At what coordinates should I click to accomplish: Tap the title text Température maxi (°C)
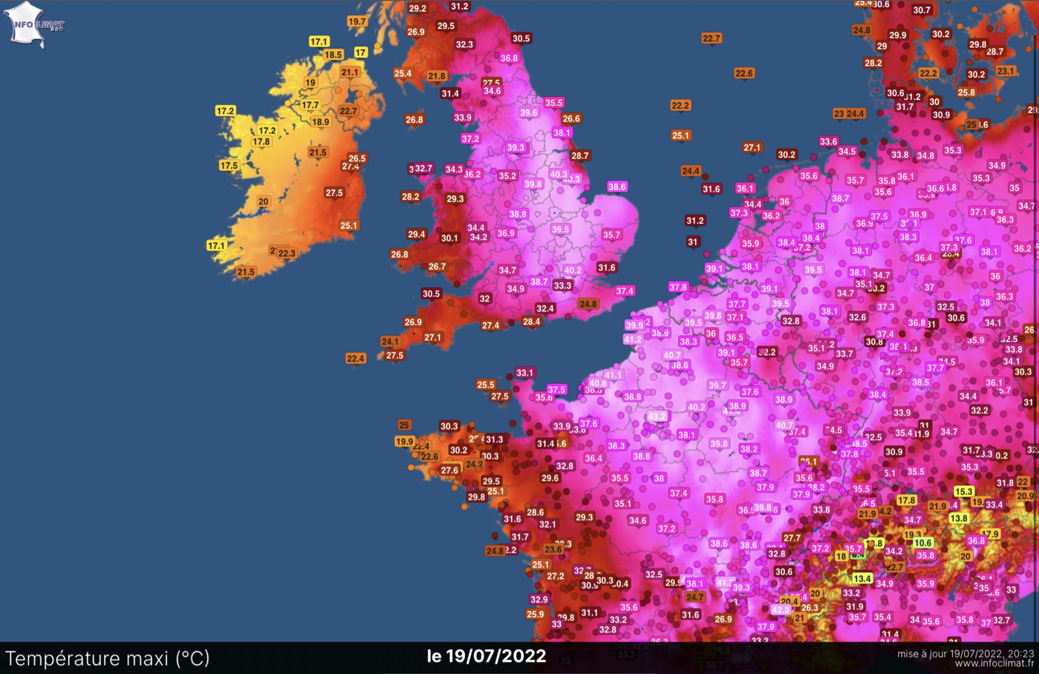pos(108,658)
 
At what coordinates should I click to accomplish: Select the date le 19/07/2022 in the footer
pos(486,656)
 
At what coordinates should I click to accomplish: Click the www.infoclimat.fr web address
pos(994,663)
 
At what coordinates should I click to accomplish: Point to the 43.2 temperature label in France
pos(656,416)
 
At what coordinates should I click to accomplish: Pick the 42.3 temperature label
pos(780,610)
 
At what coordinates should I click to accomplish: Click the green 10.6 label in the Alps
pos(922,543)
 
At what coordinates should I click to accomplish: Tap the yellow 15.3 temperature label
pos(963,491)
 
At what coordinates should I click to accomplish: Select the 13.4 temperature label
pos(862,578)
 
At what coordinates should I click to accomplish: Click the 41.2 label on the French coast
pos(633,339)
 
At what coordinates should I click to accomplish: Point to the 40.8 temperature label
pos(598,383)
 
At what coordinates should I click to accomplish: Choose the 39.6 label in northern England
pos(529,112)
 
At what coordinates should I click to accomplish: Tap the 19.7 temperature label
pos(357,21)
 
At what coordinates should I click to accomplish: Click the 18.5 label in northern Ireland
pos(333,54)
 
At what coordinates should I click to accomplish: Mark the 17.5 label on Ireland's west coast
pos(228,165)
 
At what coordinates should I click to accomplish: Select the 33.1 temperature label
pos(525,373)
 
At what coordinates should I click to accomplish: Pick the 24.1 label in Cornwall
pos(390,341)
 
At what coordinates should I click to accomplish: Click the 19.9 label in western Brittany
pos(404,441)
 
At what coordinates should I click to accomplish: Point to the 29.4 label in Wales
pos(416,234)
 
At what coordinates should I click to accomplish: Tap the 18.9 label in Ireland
pos(321,121)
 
